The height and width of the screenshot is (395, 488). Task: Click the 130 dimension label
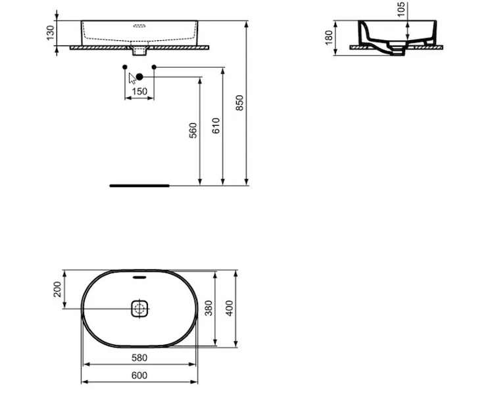click(x=50, y=33)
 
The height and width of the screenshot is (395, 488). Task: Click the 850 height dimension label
click(x=239, y=103)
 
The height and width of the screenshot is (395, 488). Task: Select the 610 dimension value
click(x=216, y=126)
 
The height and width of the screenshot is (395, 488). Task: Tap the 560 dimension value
click(x=193, y=130)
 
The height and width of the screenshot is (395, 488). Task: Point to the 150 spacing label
click(x=139, y=92)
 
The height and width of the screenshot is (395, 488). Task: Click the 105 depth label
click(x=401, y=9)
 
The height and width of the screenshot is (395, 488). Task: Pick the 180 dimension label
click(x=329, y=38)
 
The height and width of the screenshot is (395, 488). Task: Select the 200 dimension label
click(x=58, y=289)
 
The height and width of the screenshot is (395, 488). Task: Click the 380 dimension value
click(x=208, y=308)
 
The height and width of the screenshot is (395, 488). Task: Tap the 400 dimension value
click(x=230, y=308)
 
